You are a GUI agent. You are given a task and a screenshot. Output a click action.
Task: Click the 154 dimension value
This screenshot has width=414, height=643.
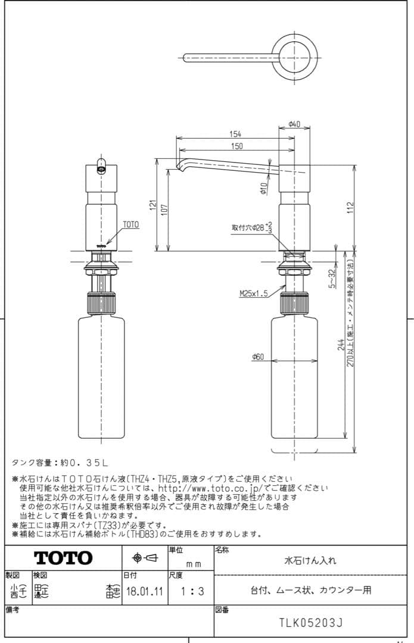tap(235, 134)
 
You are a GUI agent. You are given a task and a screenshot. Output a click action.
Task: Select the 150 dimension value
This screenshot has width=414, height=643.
tap(236, 146)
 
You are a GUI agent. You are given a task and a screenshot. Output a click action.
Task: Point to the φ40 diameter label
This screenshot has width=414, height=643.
tap(294, 124)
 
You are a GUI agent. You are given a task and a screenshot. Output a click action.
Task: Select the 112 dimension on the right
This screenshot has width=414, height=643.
tap(351, 207)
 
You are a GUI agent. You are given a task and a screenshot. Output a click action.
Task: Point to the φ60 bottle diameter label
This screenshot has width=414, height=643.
tap(258, 357)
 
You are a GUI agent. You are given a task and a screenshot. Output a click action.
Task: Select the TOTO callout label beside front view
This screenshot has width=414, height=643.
tap(130, 225)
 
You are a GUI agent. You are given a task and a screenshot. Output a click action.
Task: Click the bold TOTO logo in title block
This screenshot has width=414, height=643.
tap(63, 558)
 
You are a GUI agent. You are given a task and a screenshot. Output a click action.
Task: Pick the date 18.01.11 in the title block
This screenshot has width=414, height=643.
tap(142, 592)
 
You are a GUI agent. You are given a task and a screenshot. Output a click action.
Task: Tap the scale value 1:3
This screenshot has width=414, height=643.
tap(191, 592)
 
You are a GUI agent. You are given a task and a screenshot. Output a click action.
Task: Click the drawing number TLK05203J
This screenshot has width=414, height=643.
tap(311, 623)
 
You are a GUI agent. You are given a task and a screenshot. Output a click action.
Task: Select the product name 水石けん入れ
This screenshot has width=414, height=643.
tap(310, 560)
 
